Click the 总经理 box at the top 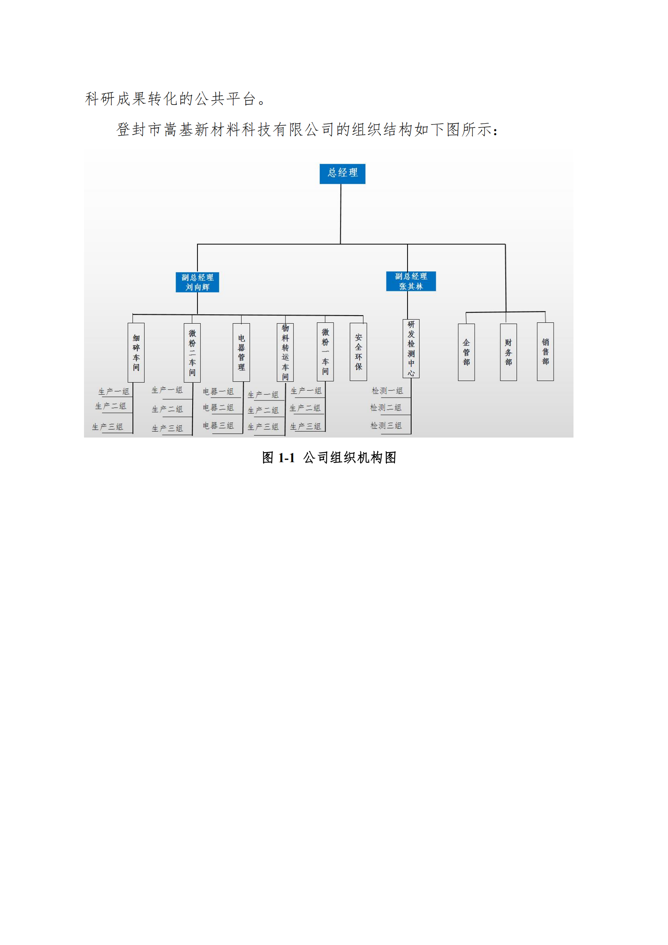tap(342, 174)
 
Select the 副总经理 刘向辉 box tap(197, 282)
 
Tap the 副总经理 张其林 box tap(411, 281)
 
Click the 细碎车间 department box tap(136, 353)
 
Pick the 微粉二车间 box tap(192, 353)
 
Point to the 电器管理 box tap(242, 352)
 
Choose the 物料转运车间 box tap(285, 352)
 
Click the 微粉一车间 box tap(326, 352)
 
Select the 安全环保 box tap(358, 352)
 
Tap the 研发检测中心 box tap(411, 349)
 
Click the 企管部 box tap(466, 352)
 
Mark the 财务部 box tap(508, 352)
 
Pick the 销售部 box tap(545, 352)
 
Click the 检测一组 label tap(387, 391)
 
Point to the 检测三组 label tap(386, 425)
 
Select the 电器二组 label tap(218, 408)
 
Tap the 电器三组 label tap(218, 425)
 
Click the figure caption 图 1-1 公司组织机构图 tap(329, 458)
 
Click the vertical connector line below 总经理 tap(340, 214)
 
